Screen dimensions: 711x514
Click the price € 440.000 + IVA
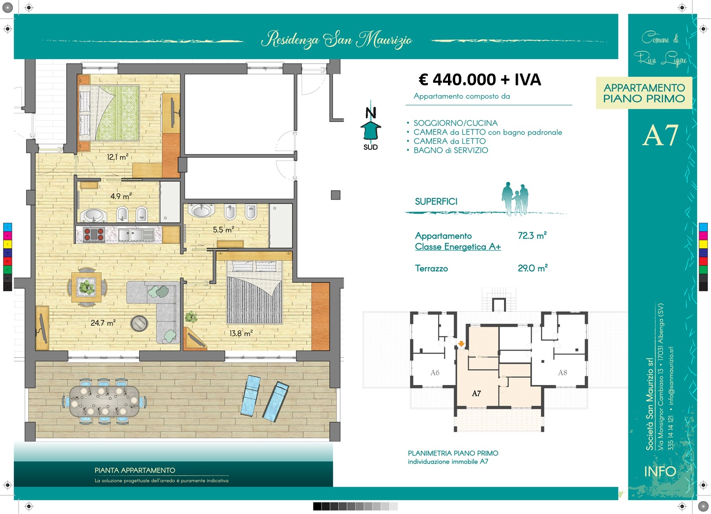[x=480, y=80]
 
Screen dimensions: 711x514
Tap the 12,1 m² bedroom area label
[x=118, y=157]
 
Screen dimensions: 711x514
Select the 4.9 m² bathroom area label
[x=121, y=196]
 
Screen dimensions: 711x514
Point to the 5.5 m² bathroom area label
[x=223, y=229]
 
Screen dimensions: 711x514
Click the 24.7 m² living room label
[x=103, y=323]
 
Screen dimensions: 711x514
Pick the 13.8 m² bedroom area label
[x=241, y=333]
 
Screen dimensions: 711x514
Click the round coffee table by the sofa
[x=139, y=323]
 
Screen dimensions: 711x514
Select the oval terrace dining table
[x=104, y=401]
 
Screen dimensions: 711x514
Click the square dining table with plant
[x=86, y=287]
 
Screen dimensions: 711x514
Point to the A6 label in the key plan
[x=435, y=372]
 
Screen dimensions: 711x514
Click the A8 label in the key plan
[x=563, y=372]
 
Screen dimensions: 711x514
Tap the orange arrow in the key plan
[x=461, y=343]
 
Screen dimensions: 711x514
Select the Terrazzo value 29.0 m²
[x=533, y=268]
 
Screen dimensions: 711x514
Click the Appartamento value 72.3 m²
[x=532, y=235]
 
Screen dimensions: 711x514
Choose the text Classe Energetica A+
[x=458, y=247]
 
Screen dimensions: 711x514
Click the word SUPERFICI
[x=436, y=201]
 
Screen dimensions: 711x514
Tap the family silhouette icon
[x=515, y=199]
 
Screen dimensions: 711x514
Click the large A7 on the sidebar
[x=661, y=135]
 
